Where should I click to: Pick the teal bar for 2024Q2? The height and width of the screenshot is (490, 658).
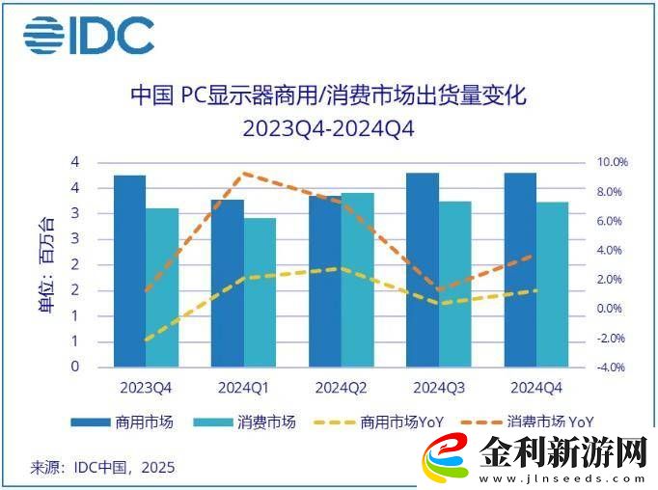click(x=357, y=280)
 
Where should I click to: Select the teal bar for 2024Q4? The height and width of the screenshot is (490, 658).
click(x=552, y=284)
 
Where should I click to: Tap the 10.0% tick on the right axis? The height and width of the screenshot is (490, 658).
click(x=612, y=162)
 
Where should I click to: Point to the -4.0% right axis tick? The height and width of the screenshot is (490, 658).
click(x=612, y=367)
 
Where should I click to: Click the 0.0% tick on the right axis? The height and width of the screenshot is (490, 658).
click(x=612, y=309)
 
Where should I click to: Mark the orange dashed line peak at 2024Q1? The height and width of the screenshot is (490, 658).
click(x=245, y=174)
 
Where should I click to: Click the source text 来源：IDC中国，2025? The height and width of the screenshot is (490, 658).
click(x=102, y=468)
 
